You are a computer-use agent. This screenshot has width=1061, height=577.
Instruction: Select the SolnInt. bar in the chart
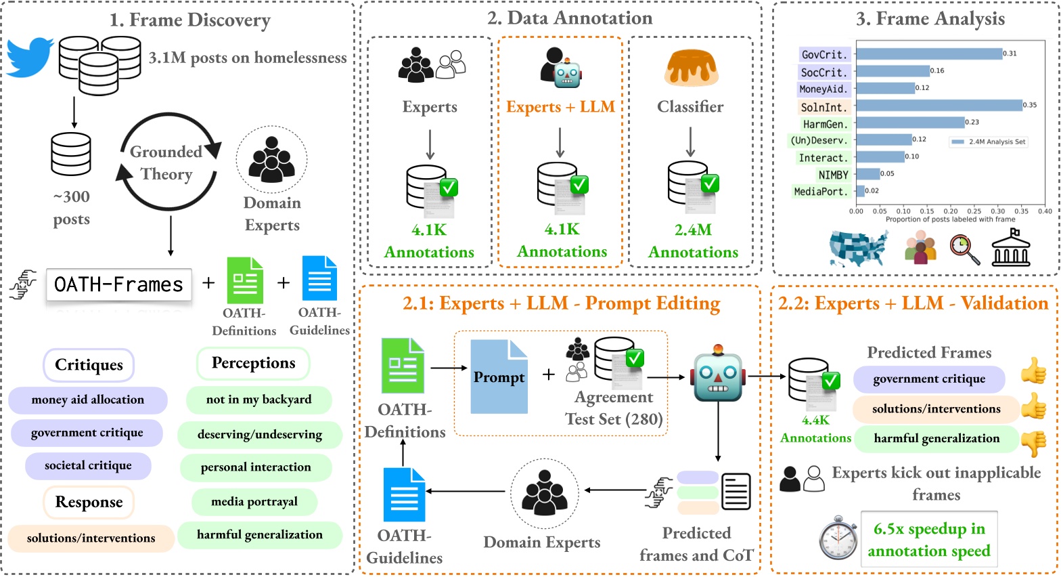939,105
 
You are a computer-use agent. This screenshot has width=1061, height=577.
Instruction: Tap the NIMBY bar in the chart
867,174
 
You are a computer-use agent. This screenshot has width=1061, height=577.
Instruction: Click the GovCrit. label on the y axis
825,55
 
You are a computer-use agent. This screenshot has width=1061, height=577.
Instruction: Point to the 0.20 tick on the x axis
951,211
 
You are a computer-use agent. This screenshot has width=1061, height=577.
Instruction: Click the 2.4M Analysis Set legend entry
989,142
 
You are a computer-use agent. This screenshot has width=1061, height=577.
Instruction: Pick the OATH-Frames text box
119,284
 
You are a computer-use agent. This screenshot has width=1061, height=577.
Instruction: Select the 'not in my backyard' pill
259,400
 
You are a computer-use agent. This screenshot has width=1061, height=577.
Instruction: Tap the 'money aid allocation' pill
88,400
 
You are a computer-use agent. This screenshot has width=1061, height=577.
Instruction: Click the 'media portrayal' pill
254,502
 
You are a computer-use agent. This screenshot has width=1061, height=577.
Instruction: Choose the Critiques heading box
89,364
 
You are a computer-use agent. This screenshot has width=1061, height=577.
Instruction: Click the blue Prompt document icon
499,377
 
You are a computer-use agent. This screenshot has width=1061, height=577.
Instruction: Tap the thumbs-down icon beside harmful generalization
1034,443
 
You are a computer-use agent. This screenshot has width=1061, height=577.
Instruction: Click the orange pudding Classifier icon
691,68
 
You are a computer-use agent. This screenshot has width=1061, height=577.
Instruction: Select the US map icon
858,248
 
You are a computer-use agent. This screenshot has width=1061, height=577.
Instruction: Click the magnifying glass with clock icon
964,249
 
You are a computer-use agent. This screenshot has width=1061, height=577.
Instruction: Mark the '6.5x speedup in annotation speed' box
929,539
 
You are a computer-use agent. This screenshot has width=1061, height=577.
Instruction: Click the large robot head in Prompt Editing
718,374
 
